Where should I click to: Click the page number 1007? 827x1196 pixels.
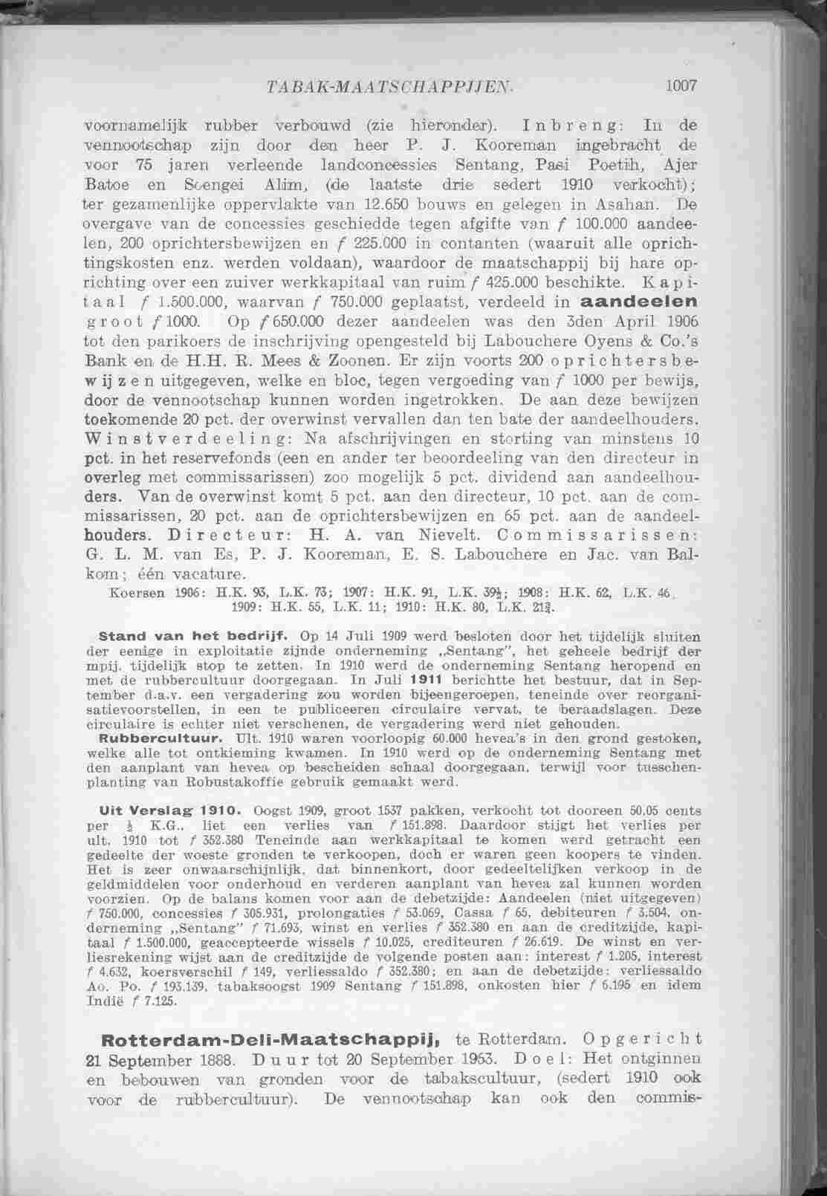681,85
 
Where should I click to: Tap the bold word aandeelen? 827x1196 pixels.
638,302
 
